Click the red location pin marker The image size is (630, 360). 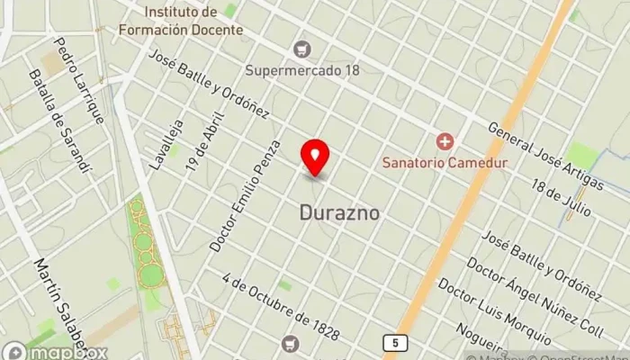315,156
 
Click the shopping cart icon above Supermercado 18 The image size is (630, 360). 303,48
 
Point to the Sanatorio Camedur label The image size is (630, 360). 445,163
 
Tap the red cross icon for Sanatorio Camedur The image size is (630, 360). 444,141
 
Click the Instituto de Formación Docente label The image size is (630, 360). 181,22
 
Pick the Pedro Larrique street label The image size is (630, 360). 79,79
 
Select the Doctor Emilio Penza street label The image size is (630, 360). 246,194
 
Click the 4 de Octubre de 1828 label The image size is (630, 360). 283,308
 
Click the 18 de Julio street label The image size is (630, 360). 561,197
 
